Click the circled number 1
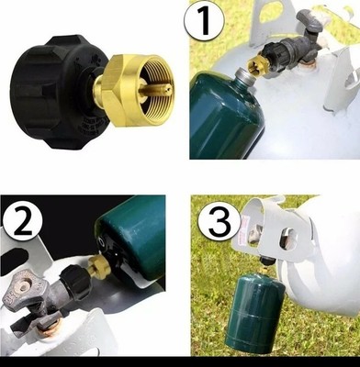[x=204, y=21]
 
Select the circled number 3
[x=219, y=221]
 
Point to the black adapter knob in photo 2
[x=76, y=282]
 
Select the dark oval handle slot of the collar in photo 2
[x=14, y=256]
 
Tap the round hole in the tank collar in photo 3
[x=287, y=239]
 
